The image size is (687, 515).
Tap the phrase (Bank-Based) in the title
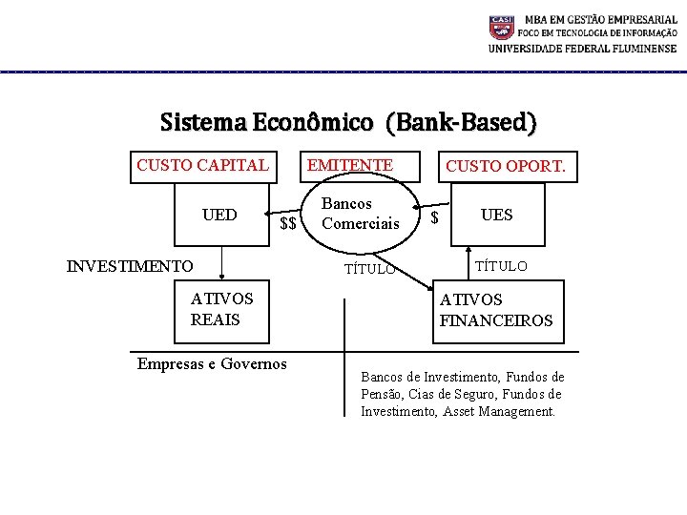[462, 123]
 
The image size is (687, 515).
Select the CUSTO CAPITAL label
[202, 165]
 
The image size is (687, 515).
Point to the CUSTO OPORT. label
[506, 167]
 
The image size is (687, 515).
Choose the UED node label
[219, 215]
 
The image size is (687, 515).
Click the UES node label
[496, 215]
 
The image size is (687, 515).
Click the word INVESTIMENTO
[130, 266]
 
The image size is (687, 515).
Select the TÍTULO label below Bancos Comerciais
[369, 269]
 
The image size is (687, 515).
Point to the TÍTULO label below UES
[501, 266]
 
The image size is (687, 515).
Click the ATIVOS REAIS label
[221, 309]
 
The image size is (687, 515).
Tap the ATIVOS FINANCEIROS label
[495, 310]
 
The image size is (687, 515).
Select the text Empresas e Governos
[212, 363]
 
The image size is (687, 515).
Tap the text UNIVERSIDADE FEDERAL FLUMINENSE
[582, 50]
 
